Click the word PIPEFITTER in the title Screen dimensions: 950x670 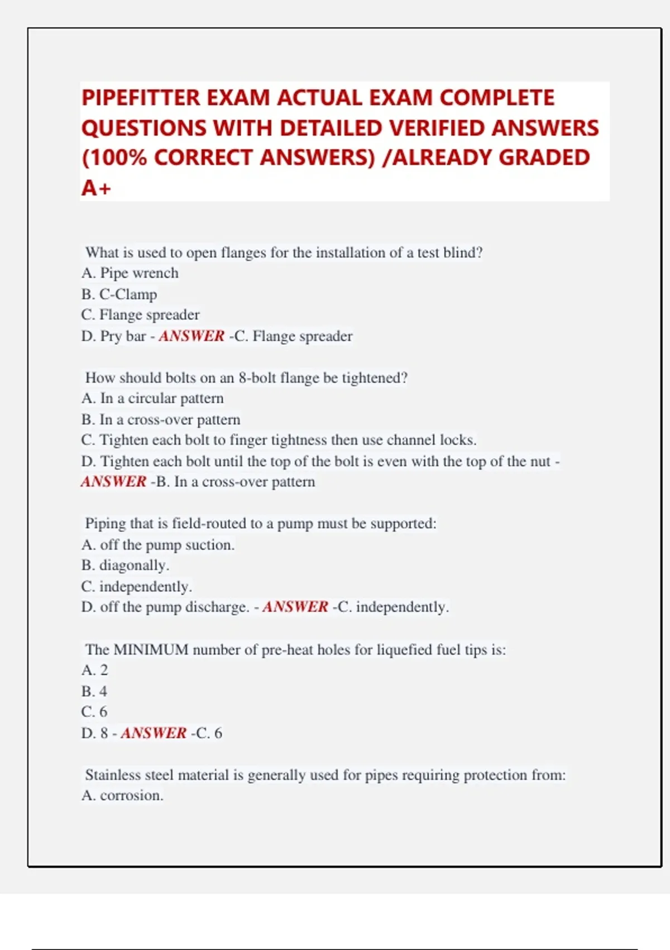[141, 98]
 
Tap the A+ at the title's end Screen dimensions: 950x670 [96, 188]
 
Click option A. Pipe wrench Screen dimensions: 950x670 [130, 273]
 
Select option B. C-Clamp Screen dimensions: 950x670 [119, 294]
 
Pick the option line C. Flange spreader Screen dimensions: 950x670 [140, 315]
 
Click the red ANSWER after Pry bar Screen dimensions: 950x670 [192, 336]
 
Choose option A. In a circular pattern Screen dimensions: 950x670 [152, 398]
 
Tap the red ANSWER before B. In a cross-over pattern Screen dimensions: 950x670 [113, 482]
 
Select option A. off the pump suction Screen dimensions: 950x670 [157, 545]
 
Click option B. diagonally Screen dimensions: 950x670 [125, 566]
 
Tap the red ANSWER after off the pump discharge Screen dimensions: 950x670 [295, 607]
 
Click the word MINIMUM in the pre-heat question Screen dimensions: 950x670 [151, 649]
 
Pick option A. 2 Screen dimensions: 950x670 [94, 670]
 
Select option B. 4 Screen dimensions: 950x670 [94, 691]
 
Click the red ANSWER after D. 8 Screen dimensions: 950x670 [154, 733]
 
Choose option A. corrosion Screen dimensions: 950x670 [122, 796]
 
